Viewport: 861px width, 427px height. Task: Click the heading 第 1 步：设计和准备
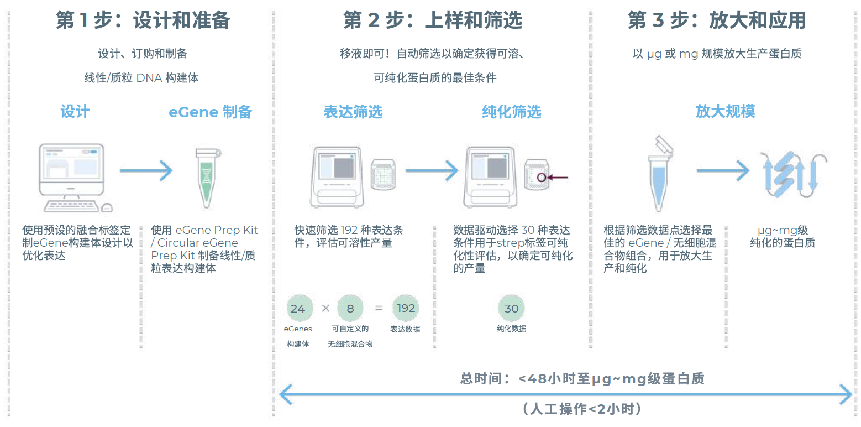[x=143, y=20]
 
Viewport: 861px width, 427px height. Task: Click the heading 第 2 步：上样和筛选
[x=432, y=20]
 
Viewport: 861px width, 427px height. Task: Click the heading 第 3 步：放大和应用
[x=717, y=20]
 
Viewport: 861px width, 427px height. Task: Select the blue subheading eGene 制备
[x=211, y=112]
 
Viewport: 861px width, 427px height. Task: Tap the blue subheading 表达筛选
[x=353, y=112]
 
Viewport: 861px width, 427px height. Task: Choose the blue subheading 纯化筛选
[x=511, y=112]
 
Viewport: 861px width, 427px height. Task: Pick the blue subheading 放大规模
[x=725, y=112]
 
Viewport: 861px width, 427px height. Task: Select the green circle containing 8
[x=350, y=309]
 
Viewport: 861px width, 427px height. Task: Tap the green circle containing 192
[x=406, y=309]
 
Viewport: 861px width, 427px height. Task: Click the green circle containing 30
[x=511, y=309]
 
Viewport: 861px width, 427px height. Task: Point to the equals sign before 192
[x=379, y=309]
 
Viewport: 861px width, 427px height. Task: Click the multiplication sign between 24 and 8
[x=326, y=309]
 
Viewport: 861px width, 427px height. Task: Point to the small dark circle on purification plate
[x=541, y=178]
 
